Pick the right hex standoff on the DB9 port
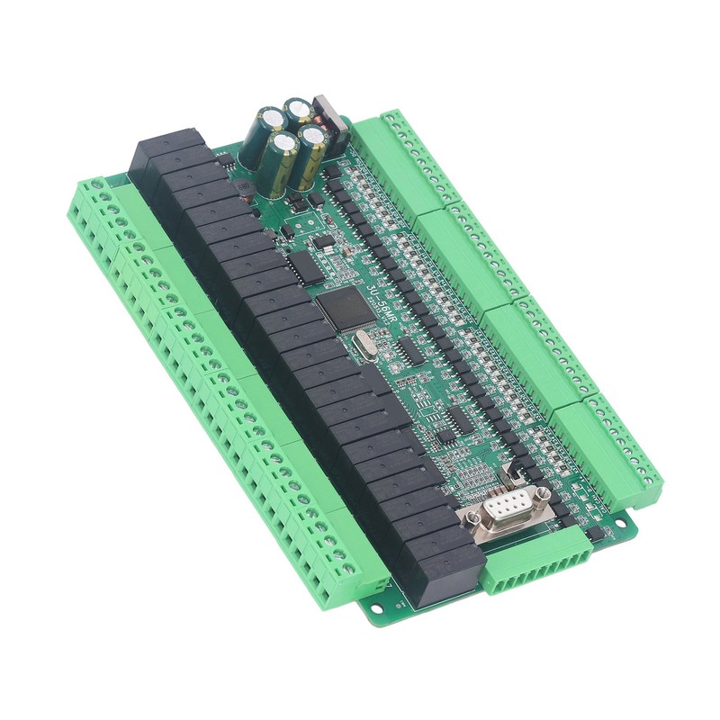539,493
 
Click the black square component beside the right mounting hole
594,534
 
